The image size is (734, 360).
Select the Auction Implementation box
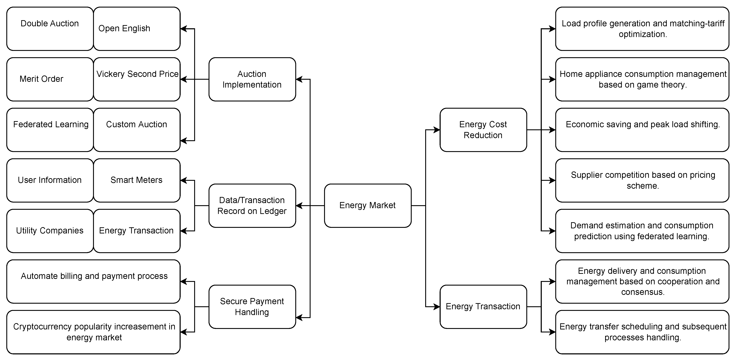coord(252,79)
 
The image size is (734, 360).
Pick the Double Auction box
coord(50,28)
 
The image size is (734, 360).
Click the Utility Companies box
coord(50,231)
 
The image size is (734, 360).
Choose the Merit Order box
coord(50,79)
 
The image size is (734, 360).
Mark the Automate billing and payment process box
coord(93,281)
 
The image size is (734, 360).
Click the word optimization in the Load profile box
coord(643,34)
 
